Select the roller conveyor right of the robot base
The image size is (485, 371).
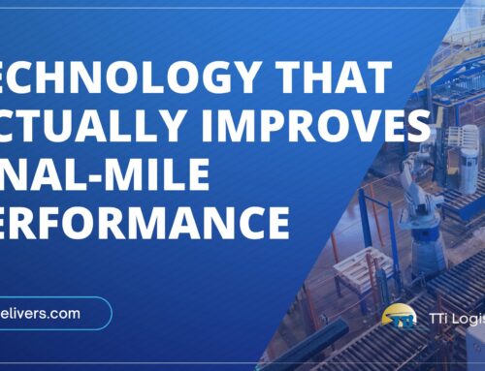(x=456, y=281)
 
